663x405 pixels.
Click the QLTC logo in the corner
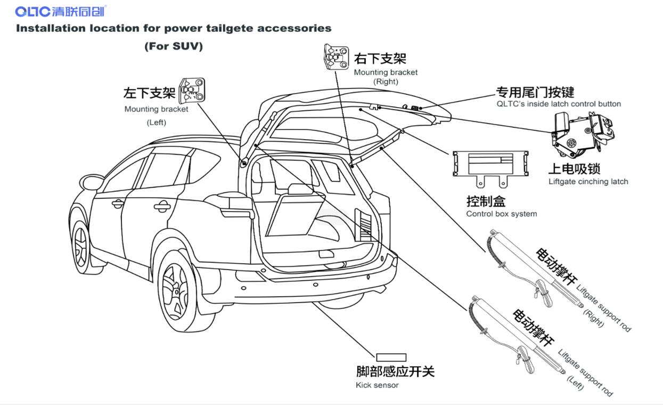(x=60, y=11)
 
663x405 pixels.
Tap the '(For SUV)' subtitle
(x=174, y=46)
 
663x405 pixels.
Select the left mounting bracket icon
(x=192, y=90)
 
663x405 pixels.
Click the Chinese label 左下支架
(x=150, y=94)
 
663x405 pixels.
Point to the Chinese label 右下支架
(x=380, y=58)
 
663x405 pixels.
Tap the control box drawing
(x=490, y=166)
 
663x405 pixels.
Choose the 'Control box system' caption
(x=501, y=214)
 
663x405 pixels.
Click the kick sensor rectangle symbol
(x=391, y=357)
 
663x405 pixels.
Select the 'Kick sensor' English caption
(x=377, y=385)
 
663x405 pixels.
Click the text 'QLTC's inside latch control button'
(x=558, y=104)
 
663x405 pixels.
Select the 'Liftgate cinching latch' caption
(x=588, y=182)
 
